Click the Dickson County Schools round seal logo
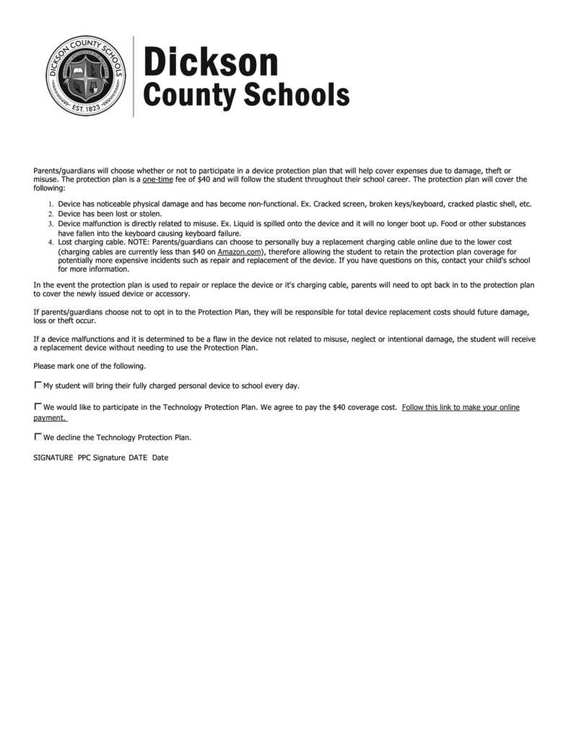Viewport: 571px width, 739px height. (x=86, y=76)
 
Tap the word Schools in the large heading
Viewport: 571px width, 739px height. (x=295, y=95)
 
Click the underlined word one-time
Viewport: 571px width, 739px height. (x=158, y=179)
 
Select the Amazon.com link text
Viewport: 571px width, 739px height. (x=239, y=252)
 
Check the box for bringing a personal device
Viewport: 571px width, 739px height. (x=38, y=385)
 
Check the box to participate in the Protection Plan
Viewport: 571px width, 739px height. (x=38, y=406)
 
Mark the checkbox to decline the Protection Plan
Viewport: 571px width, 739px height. (x=38, y=436)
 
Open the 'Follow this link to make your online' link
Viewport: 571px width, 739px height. (x=461, y=407)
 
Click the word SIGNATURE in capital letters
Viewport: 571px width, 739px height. (x=53, y=458)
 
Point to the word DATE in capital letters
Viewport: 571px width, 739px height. (x=138, y=458)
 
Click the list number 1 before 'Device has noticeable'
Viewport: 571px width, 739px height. (x=51, y=205)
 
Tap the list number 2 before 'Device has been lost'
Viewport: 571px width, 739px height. (x=51, y=214)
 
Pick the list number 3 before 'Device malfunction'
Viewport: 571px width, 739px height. (x=51, y=224)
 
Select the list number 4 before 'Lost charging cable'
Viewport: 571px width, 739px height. (x=51, y=242)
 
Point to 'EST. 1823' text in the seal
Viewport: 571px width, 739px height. (x=86, y=108)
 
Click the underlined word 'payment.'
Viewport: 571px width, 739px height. (x=50, y=418)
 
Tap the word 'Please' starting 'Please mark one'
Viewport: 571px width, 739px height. (x=45, y=366)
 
